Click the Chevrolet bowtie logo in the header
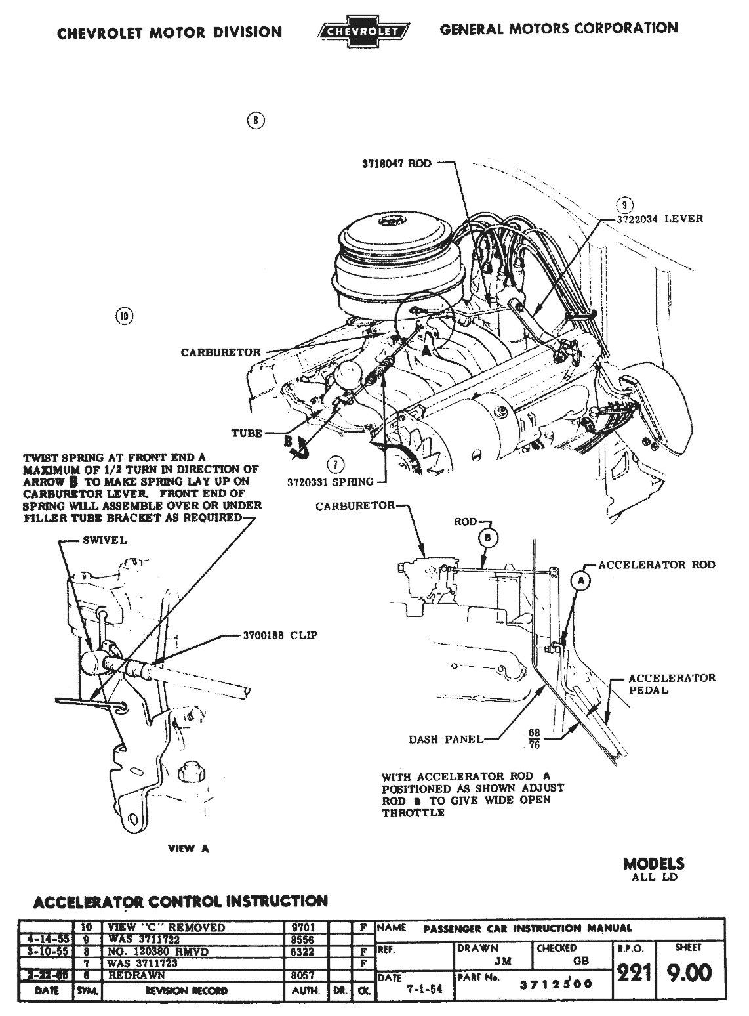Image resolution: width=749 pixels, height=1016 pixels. [363, 31]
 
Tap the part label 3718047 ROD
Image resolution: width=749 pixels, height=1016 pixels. [397, 163]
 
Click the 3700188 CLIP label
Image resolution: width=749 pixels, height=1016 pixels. [271, 635]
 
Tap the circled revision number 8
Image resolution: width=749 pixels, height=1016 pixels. [256, 120]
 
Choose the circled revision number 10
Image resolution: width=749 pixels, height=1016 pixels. [123, 316]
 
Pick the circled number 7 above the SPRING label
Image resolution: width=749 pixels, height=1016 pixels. [335, 465]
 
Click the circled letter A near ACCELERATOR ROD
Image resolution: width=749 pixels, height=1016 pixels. [580, 580]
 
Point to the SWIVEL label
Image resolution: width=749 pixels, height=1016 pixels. [105, 541]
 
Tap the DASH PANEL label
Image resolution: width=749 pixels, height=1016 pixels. [445, 739]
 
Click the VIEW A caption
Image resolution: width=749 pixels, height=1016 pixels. [188, 848]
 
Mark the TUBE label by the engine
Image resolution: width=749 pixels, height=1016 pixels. [247, 433]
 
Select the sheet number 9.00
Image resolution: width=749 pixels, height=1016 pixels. [689, 972]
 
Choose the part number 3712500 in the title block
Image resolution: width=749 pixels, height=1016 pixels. [556, 983]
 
